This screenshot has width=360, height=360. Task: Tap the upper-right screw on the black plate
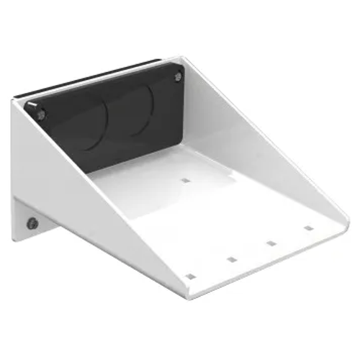(177, 76)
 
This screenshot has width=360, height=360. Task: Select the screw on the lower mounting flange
(32, 223)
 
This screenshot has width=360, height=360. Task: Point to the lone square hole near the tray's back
(185, 181)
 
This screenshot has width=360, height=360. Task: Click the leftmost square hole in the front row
(190, 276)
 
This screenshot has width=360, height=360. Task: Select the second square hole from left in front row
(232, 258)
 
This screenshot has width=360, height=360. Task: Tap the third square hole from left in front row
(271, 243)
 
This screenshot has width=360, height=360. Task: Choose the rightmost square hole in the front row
(308, 228)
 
